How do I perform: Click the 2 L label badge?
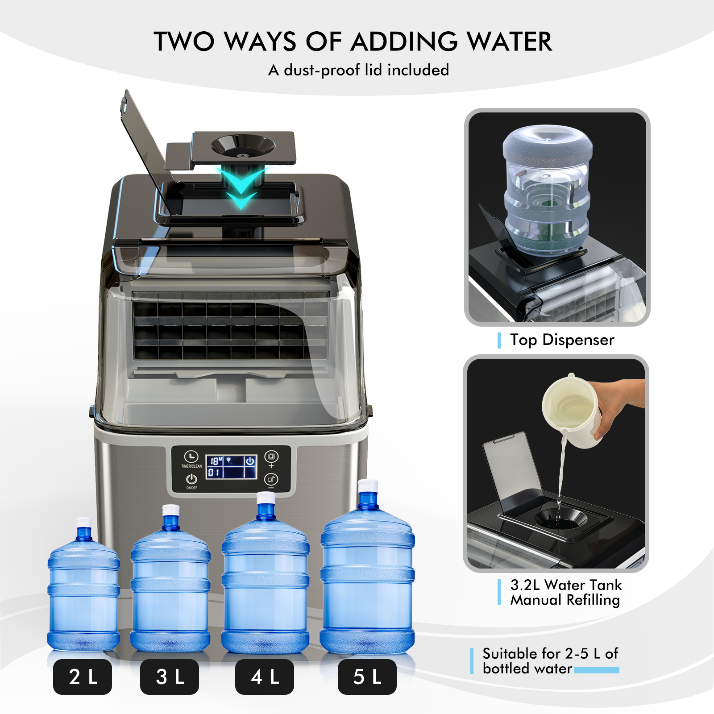coord(83,677)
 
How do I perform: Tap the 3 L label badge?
coord(170,677)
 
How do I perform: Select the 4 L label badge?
coord(265,677)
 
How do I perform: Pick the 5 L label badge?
coord(367,677)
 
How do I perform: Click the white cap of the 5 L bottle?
coord(368,486)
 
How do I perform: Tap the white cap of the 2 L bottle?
coord(84,523)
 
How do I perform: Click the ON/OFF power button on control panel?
coord(191,479)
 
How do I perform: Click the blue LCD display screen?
coord(231,467)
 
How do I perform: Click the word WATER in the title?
coord(509,42)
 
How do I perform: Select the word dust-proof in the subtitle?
coord(322,70)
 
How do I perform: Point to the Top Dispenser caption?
coord(562,340)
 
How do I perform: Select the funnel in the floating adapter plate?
coord(243,145)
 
